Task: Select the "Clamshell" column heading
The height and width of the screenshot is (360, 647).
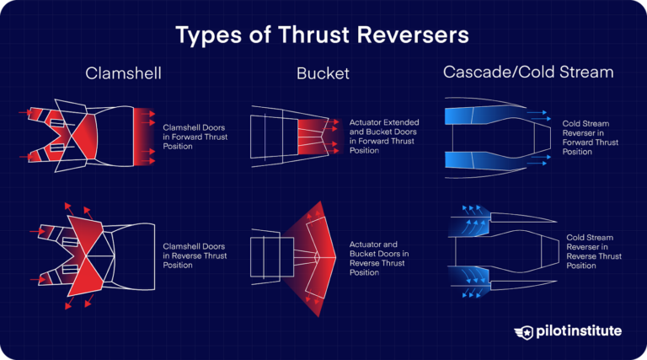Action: tap(124, 74)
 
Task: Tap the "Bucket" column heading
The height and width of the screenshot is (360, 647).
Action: tap(323, 74)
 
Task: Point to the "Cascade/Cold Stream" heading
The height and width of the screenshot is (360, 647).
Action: tap(528, 73)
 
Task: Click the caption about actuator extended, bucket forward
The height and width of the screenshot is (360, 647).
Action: tap(383, 137)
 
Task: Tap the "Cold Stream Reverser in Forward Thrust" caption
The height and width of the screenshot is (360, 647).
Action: tap(588, 137)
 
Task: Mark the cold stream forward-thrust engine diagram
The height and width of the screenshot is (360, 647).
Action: tap(497, 137)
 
